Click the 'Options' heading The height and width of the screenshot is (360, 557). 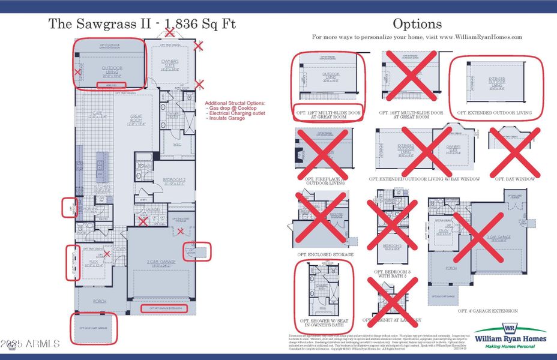417,25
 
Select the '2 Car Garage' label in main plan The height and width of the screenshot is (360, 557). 160,262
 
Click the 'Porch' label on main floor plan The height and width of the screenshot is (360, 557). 99,302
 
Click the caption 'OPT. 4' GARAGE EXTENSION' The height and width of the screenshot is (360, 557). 487,311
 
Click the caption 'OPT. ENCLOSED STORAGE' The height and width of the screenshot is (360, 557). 325,254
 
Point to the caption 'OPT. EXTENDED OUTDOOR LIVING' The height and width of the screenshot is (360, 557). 495,112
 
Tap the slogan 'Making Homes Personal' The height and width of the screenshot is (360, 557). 510,347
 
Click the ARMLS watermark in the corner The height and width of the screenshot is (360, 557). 30,344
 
